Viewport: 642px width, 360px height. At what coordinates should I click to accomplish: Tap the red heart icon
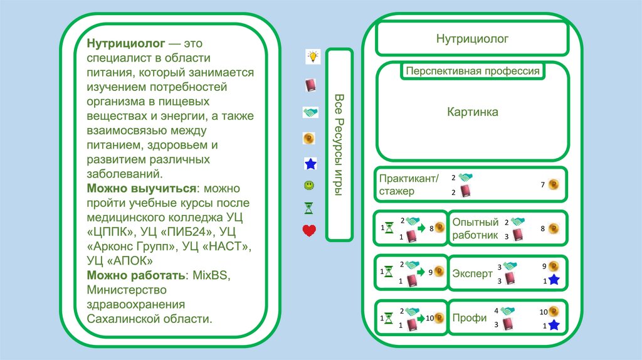tap(309, 230)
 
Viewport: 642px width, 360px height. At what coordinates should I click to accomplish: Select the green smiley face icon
tap(309, 186)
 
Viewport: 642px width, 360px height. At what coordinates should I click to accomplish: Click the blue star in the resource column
tap(310, 164)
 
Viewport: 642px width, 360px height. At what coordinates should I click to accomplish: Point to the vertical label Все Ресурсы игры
tap(339, 144)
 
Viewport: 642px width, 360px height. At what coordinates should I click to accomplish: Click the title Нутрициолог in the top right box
tap(472, 39)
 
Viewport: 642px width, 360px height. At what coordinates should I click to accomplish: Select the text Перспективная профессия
tap(472, 71)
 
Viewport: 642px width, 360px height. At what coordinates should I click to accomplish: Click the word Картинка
tap(472, 112)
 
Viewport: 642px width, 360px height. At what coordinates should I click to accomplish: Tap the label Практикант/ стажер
tap(409, 184)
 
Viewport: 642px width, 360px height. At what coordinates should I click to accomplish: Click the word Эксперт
tap(471, 273)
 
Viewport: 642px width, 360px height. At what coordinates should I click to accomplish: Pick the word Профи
tap(469, 318)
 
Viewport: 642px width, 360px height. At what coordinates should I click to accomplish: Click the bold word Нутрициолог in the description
tap(126, 44)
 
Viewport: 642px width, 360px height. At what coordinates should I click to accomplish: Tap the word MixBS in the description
tap(209, 275)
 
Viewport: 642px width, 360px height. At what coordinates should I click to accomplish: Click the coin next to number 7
tap(553, 184)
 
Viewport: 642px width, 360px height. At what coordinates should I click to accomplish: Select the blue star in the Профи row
tap(553, 325)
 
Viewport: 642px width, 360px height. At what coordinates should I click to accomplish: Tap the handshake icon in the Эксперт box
tap(508, 266)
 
